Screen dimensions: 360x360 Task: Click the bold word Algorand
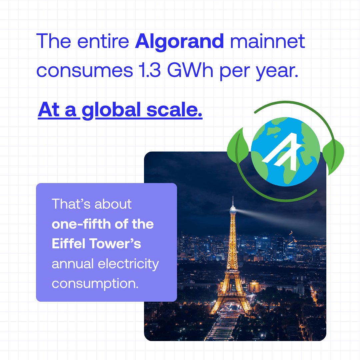click(x=179, y=42)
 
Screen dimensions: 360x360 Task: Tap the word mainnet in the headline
click(x=267, y=41)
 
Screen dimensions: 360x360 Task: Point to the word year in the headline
click(x=277, y=72)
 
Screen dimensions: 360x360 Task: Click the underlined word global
click(x=111, y=110)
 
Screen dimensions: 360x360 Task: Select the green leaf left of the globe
click(x=238, y=145)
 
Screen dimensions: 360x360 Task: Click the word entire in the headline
click(x=103, y=42)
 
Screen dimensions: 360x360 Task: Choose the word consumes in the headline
click(x=85, y=71)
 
